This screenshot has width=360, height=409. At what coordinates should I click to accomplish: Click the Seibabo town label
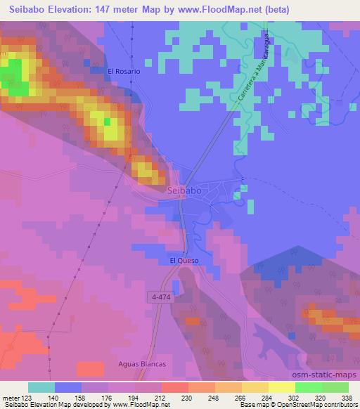click(186, 190)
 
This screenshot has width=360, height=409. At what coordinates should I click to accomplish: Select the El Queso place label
click(184, 261)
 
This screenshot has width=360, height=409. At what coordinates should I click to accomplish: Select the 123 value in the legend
click(27, 398)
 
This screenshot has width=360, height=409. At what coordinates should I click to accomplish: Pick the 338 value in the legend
click(347, 398)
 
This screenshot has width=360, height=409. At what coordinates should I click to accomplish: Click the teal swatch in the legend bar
click(41, 387)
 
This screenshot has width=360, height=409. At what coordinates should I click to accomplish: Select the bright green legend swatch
click(308, 387)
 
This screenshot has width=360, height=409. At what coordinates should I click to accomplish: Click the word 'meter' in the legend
click(11, 398)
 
